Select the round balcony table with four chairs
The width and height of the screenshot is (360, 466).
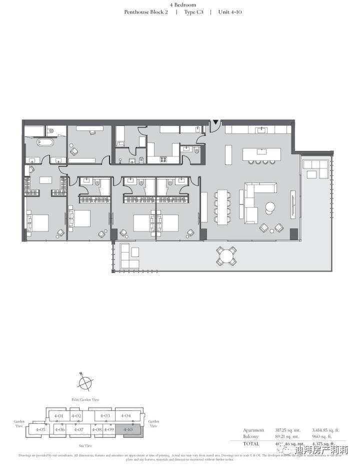pos(226,256)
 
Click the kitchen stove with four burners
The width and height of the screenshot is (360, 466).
pos(163,159)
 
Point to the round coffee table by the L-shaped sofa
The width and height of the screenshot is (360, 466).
pos(270,206)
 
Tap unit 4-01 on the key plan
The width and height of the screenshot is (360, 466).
pos(59,416)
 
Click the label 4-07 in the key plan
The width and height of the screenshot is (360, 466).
pos(78,429)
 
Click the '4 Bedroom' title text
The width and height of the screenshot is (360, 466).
pos(182,4)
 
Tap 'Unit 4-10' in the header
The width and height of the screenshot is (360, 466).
pos(230,11)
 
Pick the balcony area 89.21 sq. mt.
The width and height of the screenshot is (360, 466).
pos(287,436)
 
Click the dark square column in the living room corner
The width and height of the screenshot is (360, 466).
pos(293,233)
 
